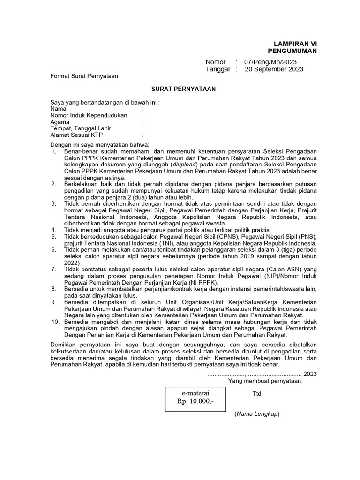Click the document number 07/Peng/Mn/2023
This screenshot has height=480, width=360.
[270, 62]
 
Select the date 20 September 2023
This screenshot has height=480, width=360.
[274, 69]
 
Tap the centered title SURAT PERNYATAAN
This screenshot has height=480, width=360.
[183, 89]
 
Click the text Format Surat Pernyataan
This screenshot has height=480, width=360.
[84, 76]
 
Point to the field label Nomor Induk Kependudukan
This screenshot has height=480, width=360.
[89, 115]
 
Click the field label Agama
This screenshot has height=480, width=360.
[60, 122]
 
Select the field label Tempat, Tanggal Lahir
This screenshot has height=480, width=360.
[81, 128]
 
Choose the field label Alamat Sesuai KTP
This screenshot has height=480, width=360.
[76, 135]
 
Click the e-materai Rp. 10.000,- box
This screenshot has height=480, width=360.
[195, 397]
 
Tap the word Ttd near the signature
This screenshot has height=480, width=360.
[257, 394]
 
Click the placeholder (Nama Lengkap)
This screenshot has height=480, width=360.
[257, 414]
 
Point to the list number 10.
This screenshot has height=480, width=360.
[54, 322]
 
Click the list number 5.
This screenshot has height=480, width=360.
[53, 237]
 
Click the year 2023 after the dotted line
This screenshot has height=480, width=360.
[310, 374]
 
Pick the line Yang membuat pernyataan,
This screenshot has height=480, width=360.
[265, 381]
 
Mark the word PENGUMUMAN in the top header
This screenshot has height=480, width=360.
[292, 51]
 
